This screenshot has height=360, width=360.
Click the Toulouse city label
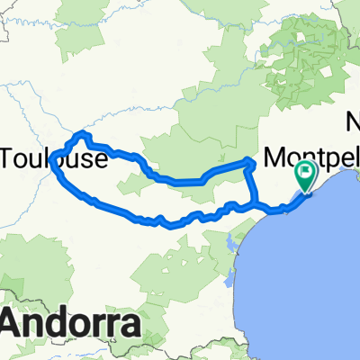(56, 160)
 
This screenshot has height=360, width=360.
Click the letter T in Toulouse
(10, 160)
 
